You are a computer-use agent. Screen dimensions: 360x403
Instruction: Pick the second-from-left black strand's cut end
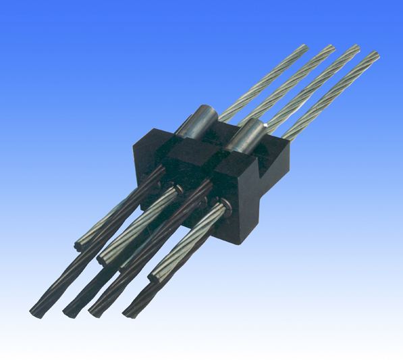67,312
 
